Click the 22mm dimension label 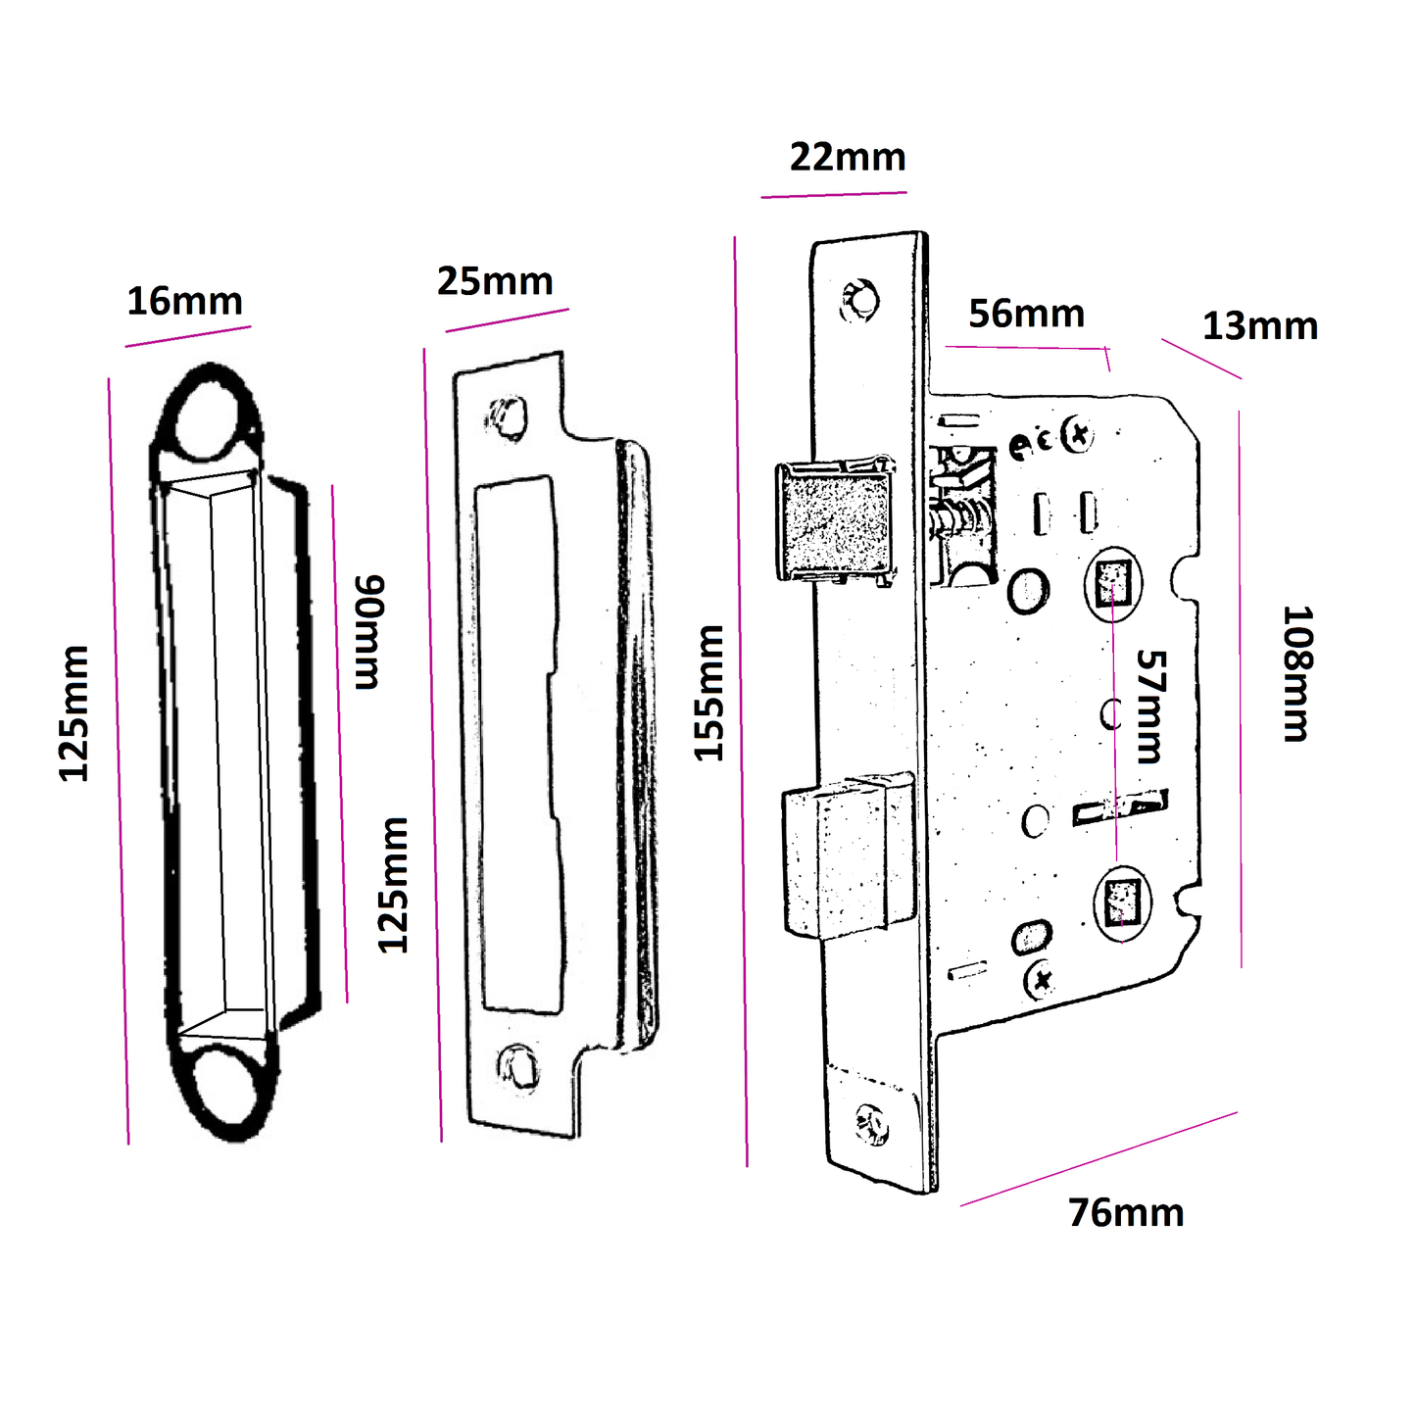(x=848, y=158)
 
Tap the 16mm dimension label (x=184, y=302)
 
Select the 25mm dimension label (x=495, y=282)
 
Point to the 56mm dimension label (x=1026, y=315)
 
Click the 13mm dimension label (x=1259, y=326)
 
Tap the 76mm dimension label (x=1126, y=1213)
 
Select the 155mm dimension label (x=709, y=693)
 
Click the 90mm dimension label (x=368, y=633)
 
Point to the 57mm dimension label (x=1150, y=707)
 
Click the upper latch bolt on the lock (x=836, y=520)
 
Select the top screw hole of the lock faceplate (x=861, y=300)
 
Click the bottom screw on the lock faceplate (x=871, y=1124)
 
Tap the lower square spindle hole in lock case (x=1121, y=902)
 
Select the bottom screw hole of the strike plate (x=516, y=1065)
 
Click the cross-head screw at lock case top (x=1078, y=434)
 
